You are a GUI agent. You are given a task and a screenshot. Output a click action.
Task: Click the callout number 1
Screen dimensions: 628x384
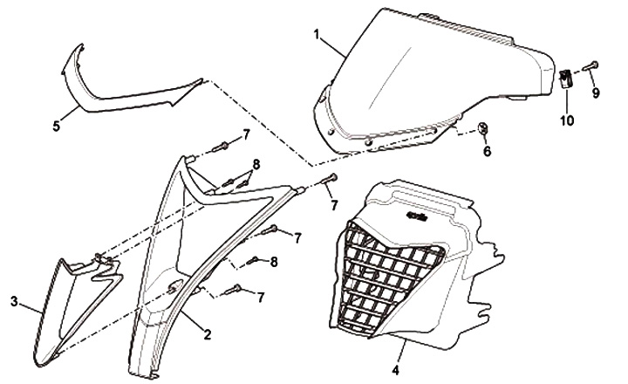(x=317, y=35)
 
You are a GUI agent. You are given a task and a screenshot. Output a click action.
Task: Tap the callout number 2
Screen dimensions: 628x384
(x=207, y=334)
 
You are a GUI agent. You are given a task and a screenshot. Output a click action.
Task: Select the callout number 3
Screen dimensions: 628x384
(x=15, y=302)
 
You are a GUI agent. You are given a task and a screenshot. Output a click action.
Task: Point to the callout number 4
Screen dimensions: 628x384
(x=395, y=371)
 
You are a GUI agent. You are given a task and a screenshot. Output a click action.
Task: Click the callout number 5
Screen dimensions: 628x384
(x=57, y=127)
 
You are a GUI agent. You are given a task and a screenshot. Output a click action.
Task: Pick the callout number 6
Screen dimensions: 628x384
(x=487, y=151)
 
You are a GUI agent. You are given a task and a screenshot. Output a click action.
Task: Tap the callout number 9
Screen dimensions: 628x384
(x=596, y=93)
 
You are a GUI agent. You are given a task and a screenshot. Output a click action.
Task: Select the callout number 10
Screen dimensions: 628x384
(x=567, y=120)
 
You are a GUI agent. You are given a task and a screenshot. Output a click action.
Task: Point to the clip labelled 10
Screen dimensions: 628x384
(x=565, y=79)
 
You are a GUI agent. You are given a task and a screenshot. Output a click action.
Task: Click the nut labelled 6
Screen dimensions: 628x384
(x=482, y=128)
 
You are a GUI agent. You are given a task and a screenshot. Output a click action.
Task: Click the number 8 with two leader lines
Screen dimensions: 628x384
(x=256, y=164)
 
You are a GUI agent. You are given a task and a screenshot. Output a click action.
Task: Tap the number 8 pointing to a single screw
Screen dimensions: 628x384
(x=274, y=262)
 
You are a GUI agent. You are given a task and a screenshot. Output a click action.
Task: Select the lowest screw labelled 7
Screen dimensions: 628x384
(x=233, y=289)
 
